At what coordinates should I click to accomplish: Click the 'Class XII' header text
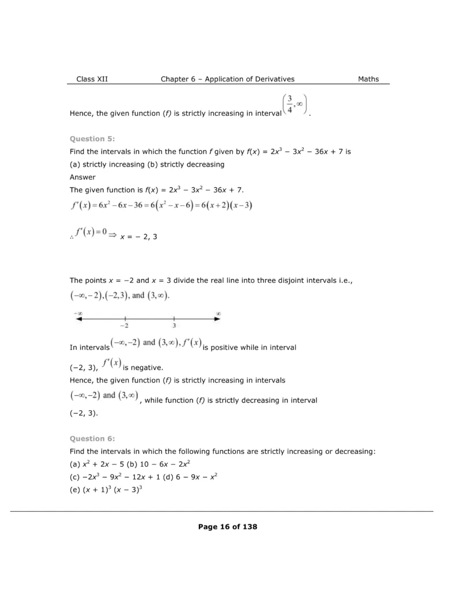(92, 79)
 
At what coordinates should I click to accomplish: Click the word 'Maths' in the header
(368, 79)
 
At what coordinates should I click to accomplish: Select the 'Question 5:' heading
(92, 139)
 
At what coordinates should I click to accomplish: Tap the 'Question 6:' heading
(92, 438)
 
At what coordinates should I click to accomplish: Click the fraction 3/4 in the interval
(290, 105)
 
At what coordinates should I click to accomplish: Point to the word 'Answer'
(82, 177)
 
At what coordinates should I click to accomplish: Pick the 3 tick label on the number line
(174, 326)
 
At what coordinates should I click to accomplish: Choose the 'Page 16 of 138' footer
(228, 527)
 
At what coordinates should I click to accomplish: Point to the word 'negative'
(139, 367)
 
